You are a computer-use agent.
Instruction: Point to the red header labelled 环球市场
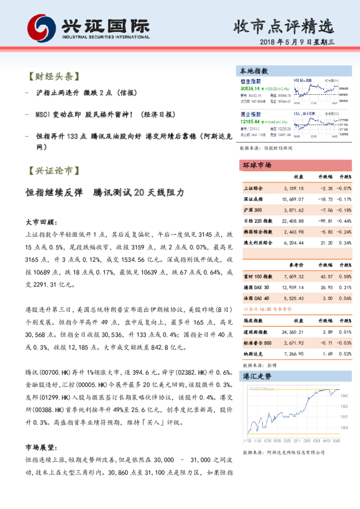257,165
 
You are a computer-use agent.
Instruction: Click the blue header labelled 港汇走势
257,375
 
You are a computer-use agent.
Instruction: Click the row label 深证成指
254,199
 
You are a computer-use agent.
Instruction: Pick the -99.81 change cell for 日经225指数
324,221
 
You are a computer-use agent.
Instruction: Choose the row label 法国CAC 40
258,298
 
